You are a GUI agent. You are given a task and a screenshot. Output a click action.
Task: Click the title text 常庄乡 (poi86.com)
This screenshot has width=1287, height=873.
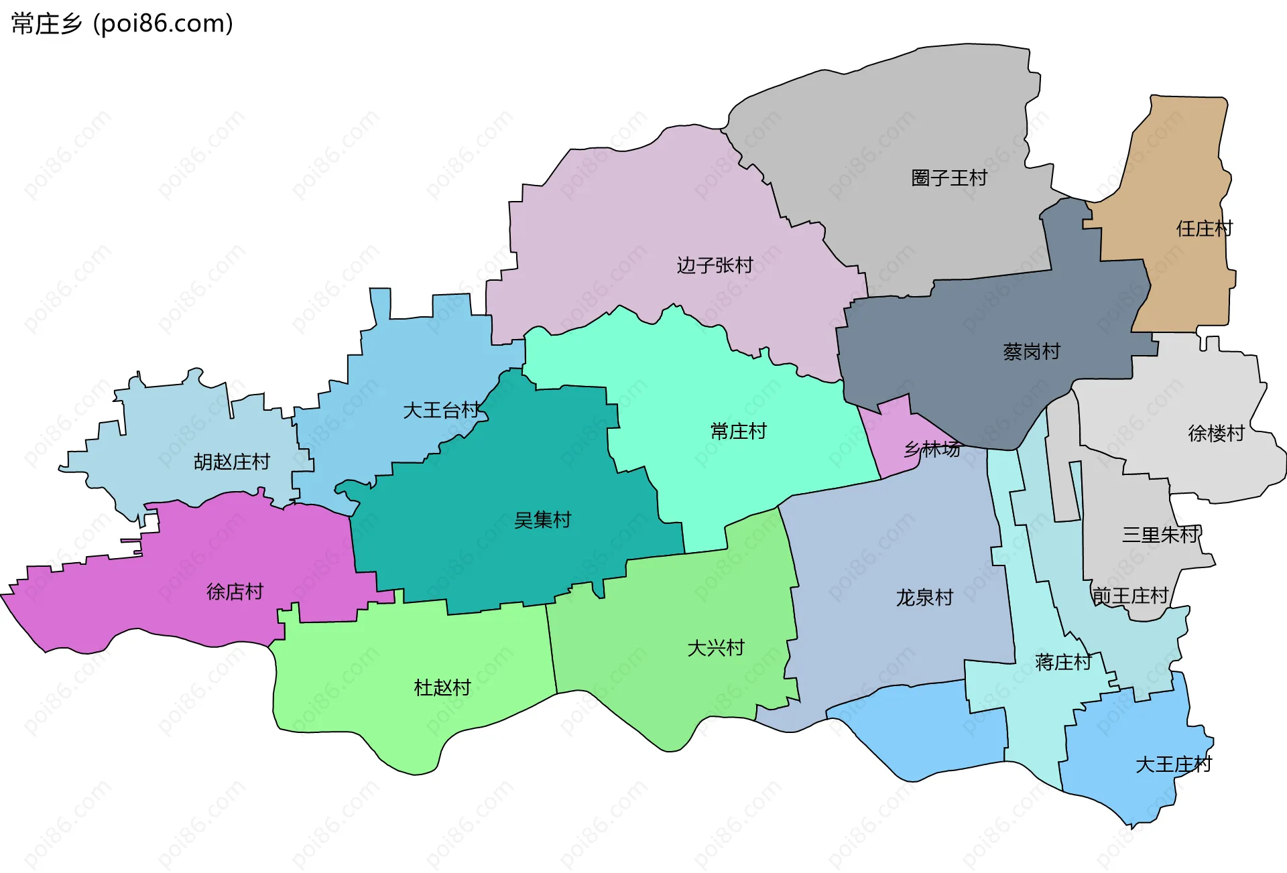pos(122,23)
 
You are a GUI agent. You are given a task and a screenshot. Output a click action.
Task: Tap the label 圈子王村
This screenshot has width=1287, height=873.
pos(948,178)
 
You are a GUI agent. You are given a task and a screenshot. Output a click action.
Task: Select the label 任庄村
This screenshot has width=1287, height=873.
pos(1203,229)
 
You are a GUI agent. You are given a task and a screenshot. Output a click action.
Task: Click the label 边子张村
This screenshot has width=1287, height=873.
pos(715,265)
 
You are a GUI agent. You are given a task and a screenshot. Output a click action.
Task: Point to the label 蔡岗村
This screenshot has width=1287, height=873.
pos(1031,352)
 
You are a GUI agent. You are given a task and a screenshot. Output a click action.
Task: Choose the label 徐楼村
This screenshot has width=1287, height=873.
pos(1215,433)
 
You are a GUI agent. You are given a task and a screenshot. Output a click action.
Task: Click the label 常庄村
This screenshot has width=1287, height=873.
pos(738,431)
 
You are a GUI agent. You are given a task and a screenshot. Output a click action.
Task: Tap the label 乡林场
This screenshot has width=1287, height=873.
pos(932,449)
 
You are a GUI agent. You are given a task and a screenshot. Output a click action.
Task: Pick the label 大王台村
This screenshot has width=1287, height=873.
pos(441,410)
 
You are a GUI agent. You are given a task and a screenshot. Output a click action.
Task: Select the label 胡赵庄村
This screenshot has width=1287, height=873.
pos(231,462)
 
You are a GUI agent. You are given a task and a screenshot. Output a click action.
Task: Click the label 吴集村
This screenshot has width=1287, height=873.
pos(542,520)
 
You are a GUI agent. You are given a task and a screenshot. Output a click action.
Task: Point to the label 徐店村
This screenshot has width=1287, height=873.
pos(235,592)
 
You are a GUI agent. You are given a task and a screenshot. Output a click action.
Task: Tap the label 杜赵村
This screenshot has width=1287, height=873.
pos(442,687)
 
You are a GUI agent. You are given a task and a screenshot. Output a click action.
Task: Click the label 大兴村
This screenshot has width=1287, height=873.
pos(716,648)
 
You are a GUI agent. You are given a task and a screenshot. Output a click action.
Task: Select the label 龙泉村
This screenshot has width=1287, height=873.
pos(924,598)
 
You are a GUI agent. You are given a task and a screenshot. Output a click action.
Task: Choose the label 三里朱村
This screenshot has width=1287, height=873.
pos(1160,535)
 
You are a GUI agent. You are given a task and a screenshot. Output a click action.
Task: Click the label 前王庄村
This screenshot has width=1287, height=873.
pos(1130,596)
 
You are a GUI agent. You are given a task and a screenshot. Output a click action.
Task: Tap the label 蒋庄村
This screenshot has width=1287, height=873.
pos(1063,663)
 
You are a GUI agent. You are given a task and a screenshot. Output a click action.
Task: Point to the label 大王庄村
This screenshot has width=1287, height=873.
pos(1173,764)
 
